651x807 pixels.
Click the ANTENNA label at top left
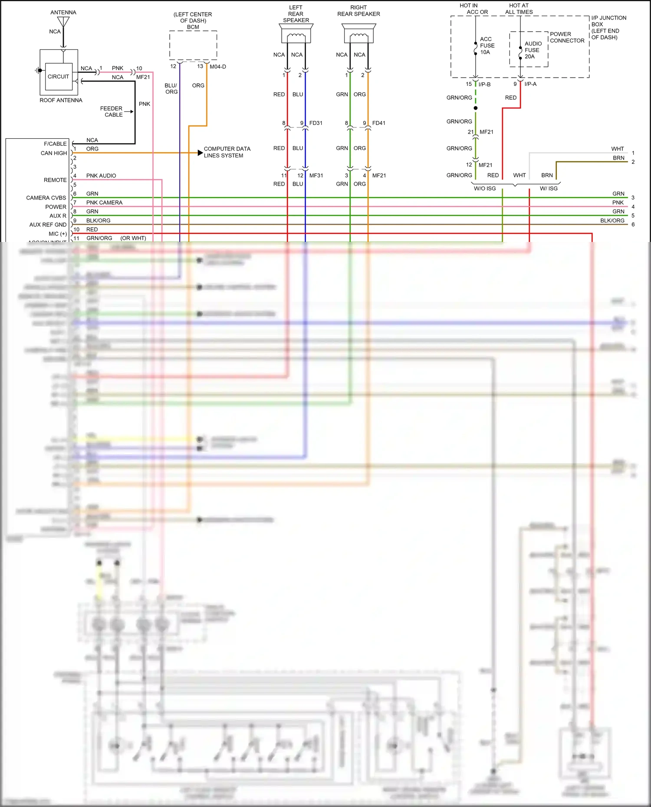[x=63, y=12]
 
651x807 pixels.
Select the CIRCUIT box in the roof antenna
[x=58, y=77]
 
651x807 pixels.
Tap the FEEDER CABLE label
[x=112, y=111]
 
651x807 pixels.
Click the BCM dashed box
[x=193, y=45]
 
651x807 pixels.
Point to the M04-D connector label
[x=218, y=67]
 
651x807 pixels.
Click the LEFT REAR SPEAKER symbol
[x=296, y=34]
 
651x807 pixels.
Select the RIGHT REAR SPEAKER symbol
[x=359, y=34]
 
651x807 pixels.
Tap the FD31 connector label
[x=316, y=123]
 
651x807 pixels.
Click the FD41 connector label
[x=378, y=123]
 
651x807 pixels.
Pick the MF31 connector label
[x=316, y=176]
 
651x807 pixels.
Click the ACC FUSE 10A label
[x=487, y=46]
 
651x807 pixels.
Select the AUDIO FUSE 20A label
[x=533, y=50]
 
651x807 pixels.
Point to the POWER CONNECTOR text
[x=567, y=37]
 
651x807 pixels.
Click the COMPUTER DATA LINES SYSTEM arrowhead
[x=200, y=153]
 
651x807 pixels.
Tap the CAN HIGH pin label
[x=54, y=153]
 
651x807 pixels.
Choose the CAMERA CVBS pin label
[x=46, y=198]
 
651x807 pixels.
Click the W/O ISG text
[x=484, y=189]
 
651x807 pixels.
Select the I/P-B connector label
[x=484, y=84]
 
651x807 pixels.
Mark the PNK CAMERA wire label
[x=104, y=203]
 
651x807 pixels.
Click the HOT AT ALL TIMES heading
[x=519, y=9]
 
